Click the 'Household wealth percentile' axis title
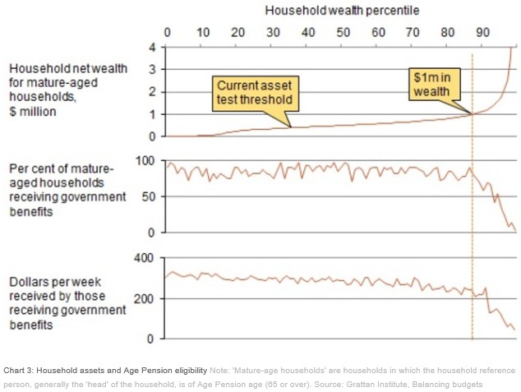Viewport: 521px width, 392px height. click(342, 11)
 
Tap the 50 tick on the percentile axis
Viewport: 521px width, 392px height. click(343, 33)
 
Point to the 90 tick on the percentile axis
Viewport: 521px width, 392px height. click(483, 33)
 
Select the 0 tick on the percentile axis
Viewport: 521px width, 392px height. click(167, 33)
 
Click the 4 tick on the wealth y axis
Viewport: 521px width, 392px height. click(151, 47)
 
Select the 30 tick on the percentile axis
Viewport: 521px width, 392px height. click(272, 33)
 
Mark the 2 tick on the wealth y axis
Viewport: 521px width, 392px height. click(151, 91)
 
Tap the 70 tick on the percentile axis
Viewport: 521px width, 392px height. click(413, 33)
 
